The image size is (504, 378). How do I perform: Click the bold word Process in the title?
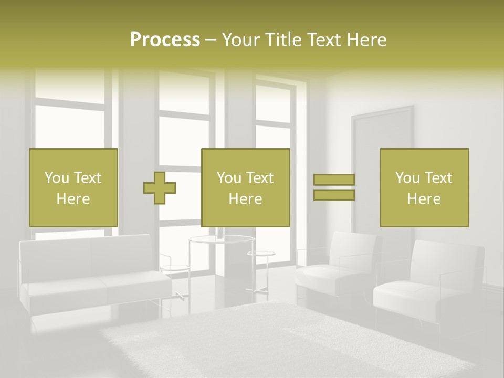165,40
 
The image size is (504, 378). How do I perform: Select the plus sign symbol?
160,187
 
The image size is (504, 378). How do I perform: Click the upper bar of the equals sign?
334,180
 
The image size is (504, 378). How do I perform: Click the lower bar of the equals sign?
334,195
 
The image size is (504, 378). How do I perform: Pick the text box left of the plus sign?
73,187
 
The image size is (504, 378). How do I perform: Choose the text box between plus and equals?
246,187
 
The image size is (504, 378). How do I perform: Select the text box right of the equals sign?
424,187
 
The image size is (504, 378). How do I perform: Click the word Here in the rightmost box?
424,199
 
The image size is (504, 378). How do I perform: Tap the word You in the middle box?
229,178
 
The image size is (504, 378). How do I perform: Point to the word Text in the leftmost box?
87,178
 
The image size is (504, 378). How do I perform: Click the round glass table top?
222,240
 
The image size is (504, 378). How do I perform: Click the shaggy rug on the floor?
283,341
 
